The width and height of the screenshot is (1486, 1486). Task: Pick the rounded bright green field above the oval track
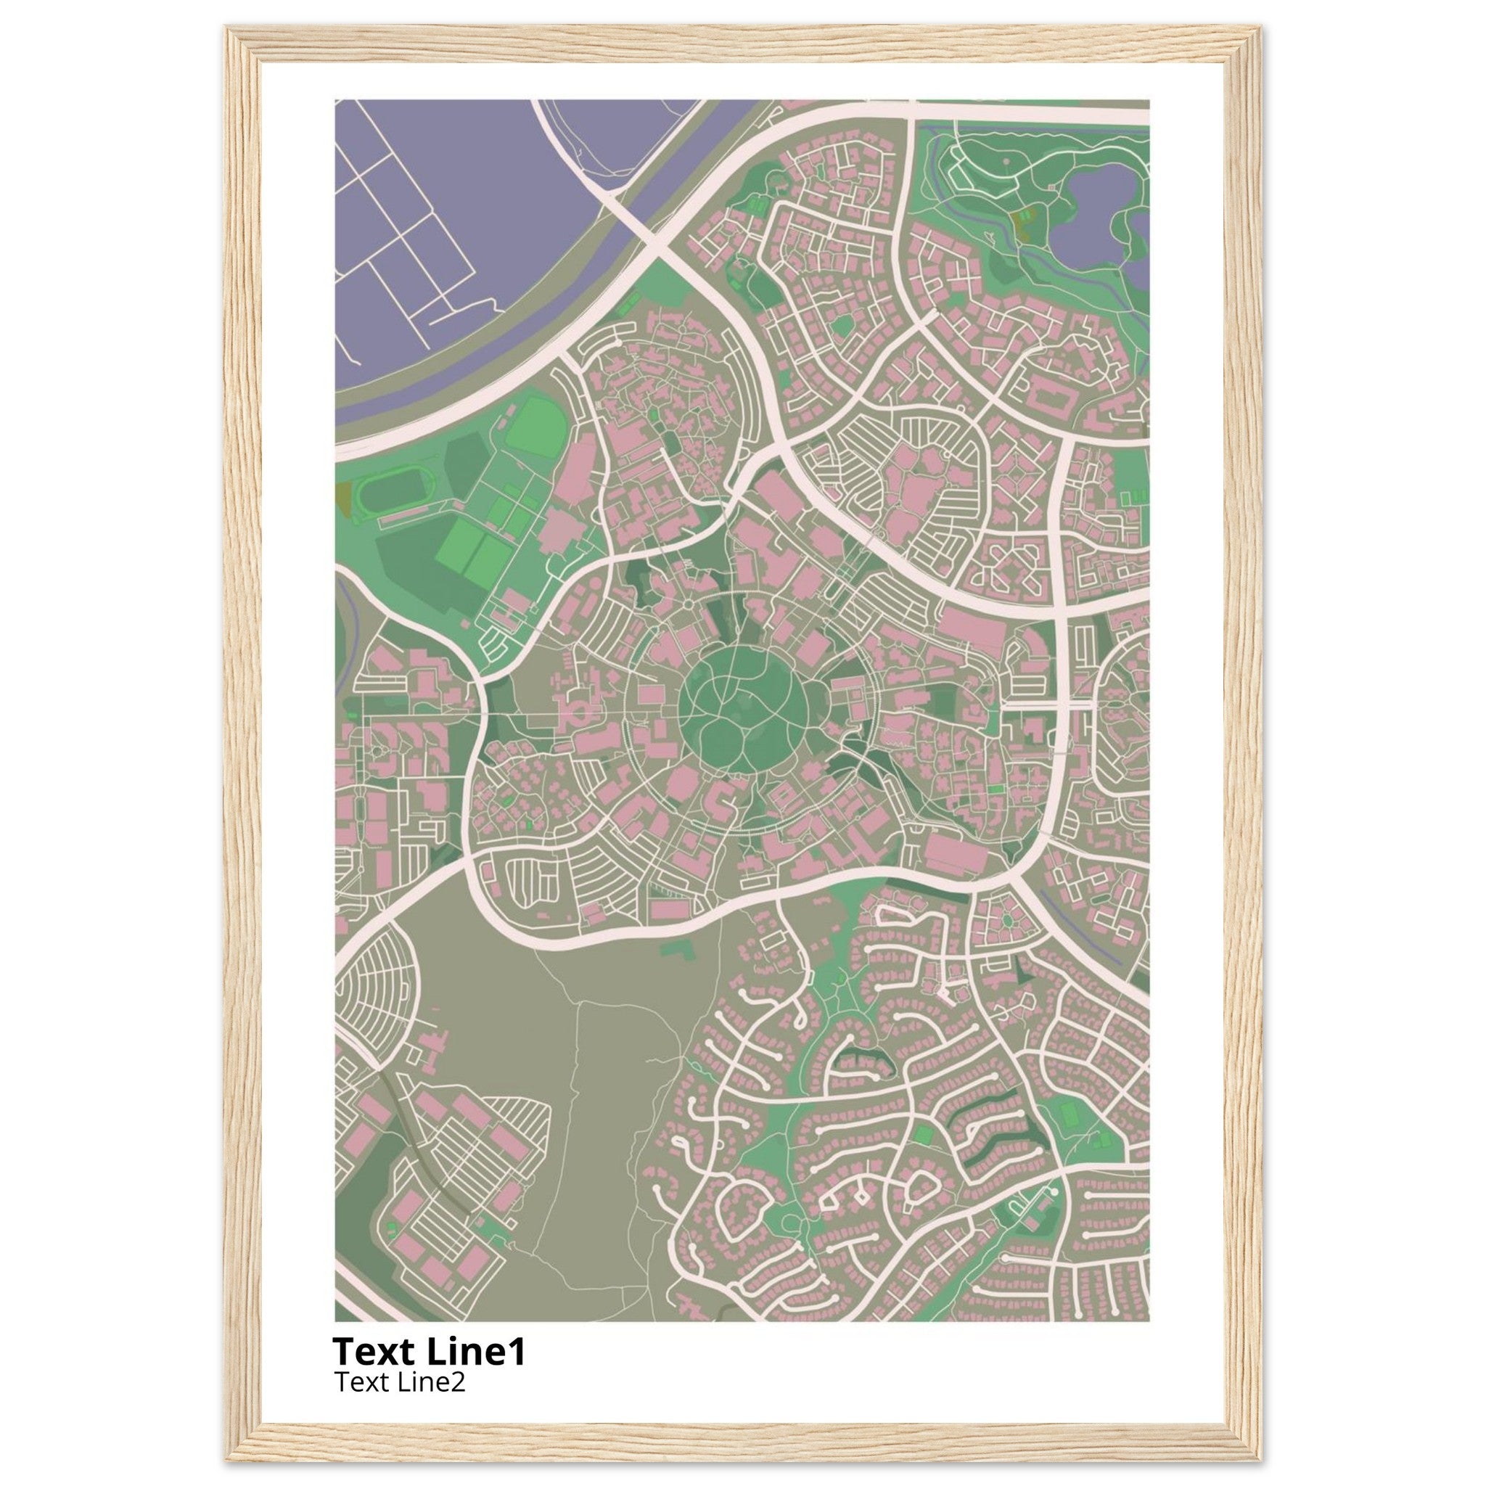coord(536,425)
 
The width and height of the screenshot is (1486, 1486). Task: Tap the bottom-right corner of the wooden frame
coord(1258,1457)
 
